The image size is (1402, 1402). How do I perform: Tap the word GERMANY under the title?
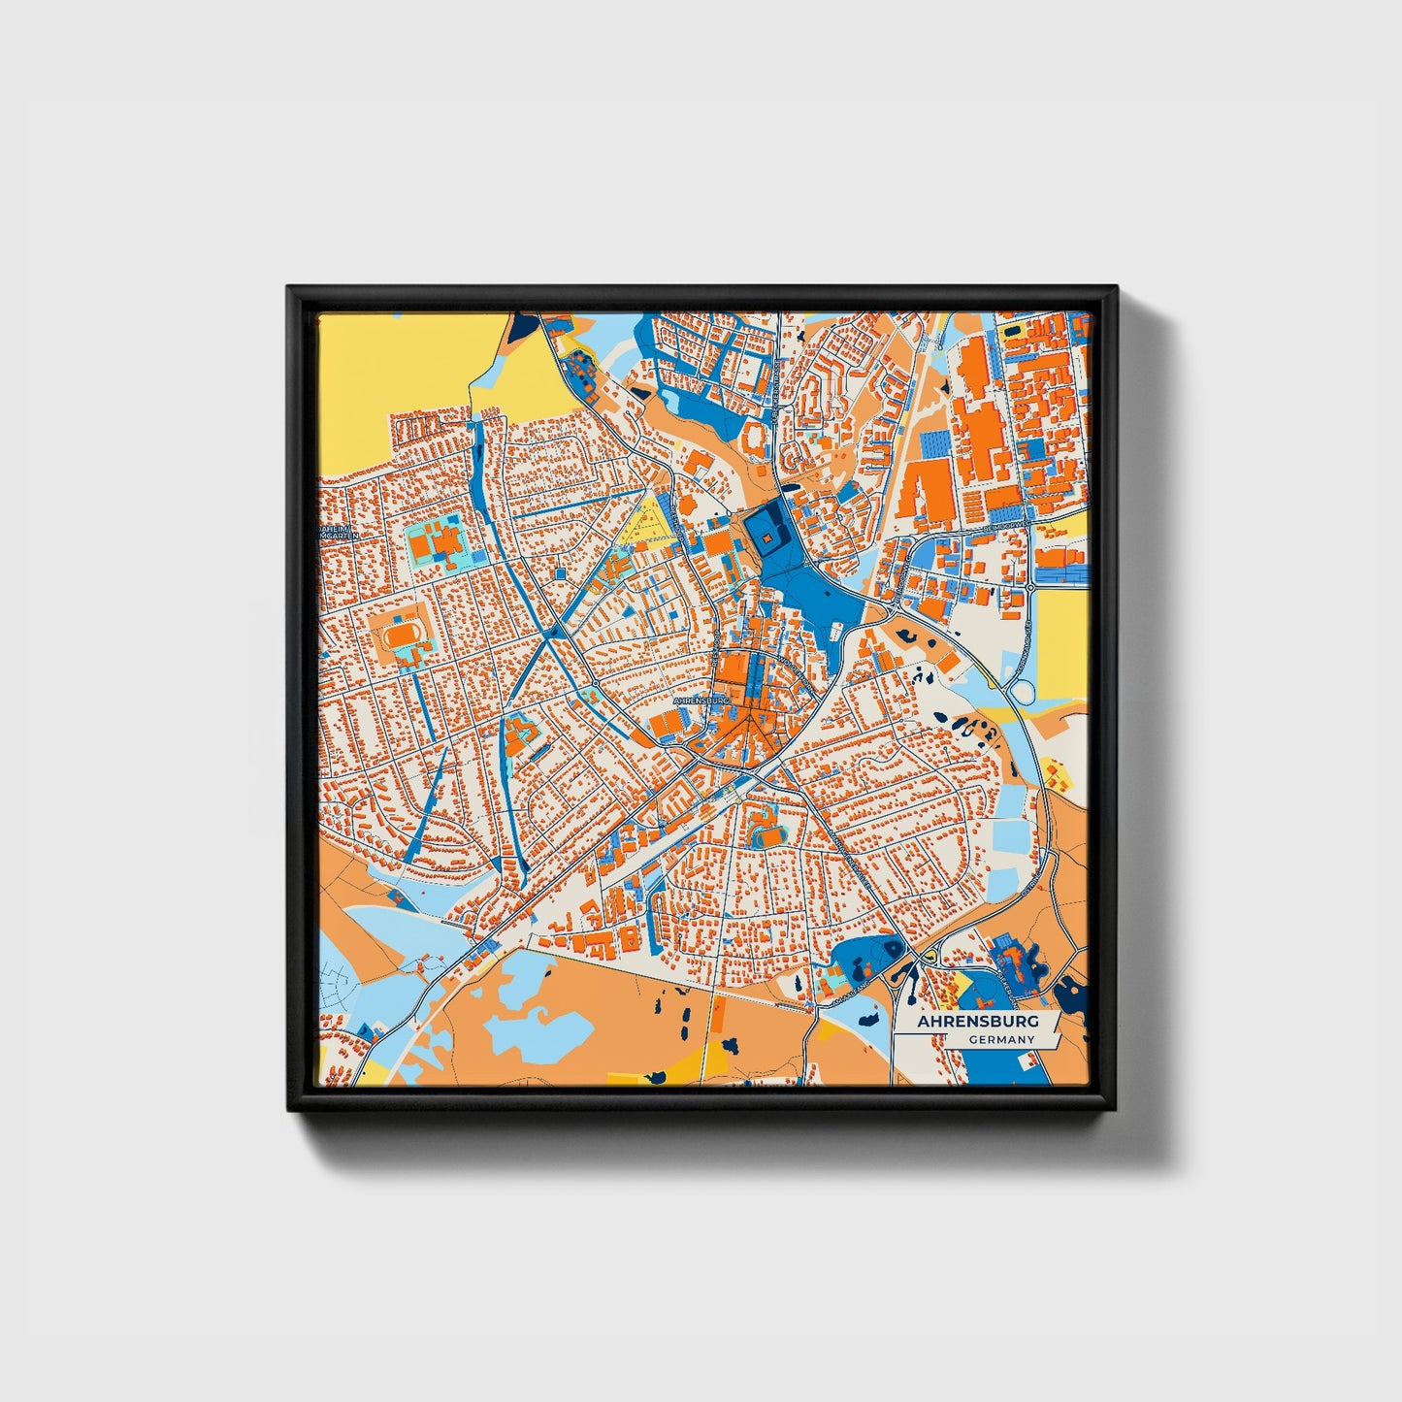click(x=1001, y=1040)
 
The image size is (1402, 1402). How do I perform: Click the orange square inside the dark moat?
click(x=766, y=537)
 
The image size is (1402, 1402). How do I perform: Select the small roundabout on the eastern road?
click(x=1028, y=588)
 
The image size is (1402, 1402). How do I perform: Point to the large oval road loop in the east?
click(x=1021, y=692)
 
